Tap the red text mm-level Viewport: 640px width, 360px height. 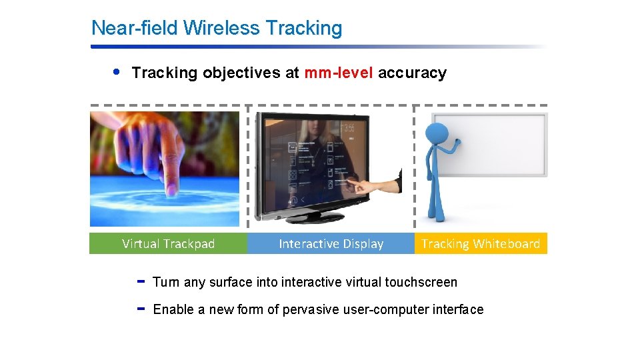tap(339, 73)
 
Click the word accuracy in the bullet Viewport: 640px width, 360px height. tap(412, 73)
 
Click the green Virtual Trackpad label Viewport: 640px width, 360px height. tap(168, 244)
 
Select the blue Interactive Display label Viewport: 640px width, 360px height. tap(331, 244)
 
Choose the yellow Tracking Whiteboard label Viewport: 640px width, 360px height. tap(480, 244)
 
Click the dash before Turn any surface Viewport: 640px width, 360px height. tap(141, 281)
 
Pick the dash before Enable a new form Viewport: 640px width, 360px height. tap(141, 309)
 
